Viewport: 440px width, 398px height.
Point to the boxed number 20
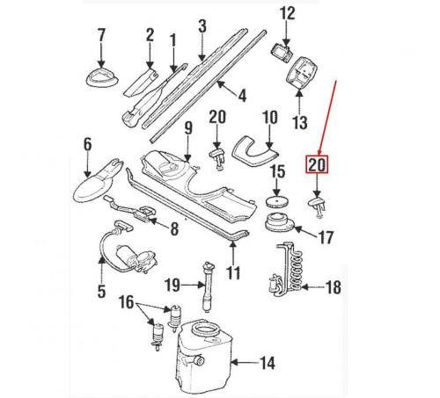(316, 164)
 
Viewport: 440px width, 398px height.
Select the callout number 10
(269, 116)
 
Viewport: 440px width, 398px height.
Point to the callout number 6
(87, 143)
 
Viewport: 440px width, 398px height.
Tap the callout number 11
(232, 273)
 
